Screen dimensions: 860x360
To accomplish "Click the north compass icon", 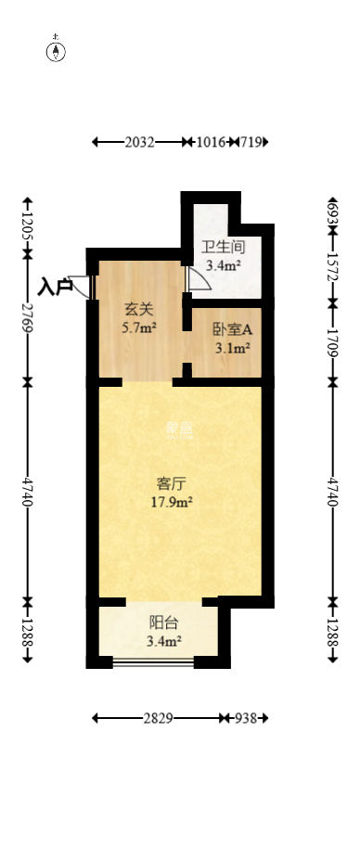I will tap(57, 50).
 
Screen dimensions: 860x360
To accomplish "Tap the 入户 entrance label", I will tap(56, 286).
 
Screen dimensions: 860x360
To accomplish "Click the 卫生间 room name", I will tap(223, 248).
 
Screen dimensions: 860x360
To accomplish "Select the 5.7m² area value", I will tap(139, 327).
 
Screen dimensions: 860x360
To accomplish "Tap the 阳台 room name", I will tap(163, 623).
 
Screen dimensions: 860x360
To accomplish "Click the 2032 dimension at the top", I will tap(138, 142).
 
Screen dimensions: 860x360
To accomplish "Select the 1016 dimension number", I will tap(212, 142).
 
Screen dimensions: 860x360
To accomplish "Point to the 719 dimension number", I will tap(250, 142).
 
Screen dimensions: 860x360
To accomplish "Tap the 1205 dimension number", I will tap(29, 225).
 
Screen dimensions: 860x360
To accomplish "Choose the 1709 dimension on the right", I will tap(334, 340).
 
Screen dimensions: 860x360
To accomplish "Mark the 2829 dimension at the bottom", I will tap(158, 718).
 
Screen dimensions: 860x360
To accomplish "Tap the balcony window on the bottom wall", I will tap(153, 661).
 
